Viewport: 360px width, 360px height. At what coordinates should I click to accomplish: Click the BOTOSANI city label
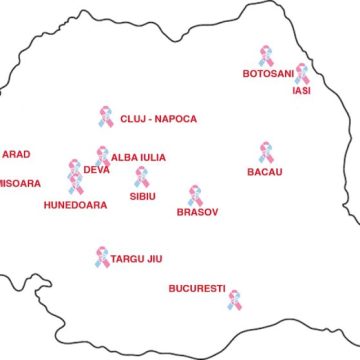tap(268, 74)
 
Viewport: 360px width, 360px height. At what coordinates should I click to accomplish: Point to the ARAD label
tap(17, 154)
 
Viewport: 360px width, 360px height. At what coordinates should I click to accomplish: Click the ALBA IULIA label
tap(138, 157)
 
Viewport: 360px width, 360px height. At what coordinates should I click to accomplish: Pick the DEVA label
tap(97, 170)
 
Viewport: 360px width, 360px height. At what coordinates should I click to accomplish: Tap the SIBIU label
tap(143, 197)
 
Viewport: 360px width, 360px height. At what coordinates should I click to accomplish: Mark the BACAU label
tap(265, 171)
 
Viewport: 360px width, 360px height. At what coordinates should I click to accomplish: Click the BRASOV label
tap(197, 212)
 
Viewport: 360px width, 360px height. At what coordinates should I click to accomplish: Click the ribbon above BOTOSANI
tap(266, 55)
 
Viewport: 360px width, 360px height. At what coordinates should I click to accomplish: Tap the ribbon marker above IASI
tap(302, 74)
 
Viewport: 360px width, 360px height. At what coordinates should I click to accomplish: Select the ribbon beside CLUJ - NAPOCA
tap(106, 117)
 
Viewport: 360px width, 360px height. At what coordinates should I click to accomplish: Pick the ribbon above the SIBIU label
tap(142, 177)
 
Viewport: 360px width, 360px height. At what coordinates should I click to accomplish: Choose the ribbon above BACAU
tap(266, 151)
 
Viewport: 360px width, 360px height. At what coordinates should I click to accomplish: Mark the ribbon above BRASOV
tap(195, 194)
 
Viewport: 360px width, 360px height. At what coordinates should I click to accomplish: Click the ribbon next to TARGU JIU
tap(103, 258)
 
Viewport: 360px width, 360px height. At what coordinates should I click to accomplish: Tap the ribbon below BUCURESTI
tap(234, 299)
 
